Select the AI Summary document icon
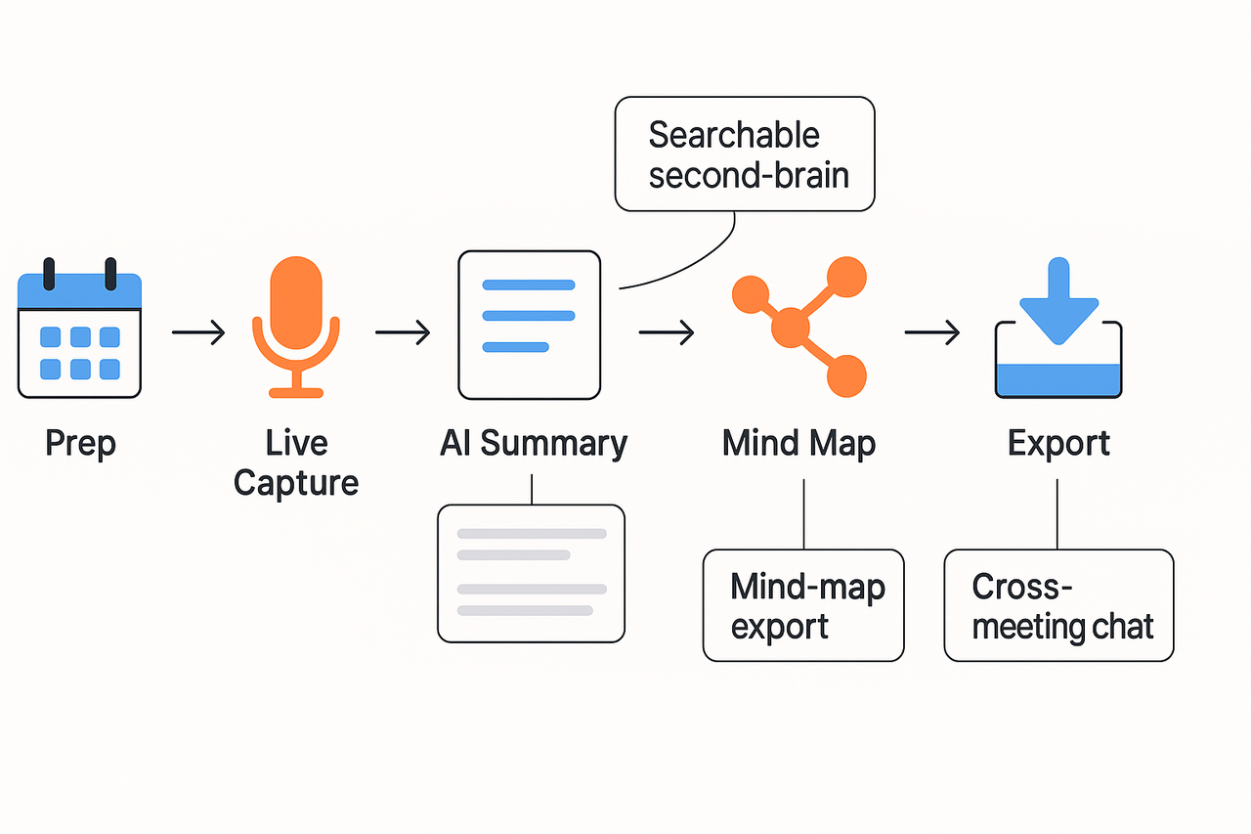click(x=529, y=325)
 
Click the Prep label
click(x=80, y=443)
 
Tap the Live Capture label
click(x=296, y=462)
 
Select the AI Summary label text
click(x=533, y=443)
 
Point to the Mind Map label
click(x=798, y=443)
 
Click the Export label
click(x=1058, y=443)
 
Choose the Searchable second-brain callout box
click(x=745, y=154)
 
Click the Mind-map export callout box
click(x=803, y=605)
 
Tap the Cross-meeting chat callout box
click(x=1058, y=605)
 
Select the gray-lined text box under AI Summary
click(x=531, y=573)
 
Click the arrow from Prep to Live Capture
click(x=198, y=333)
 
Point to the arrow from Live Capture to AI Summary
click(x=403, y=333)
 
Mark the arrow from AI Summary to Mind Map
click(x=667, y=333)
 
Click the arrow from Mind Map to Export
click(x=931, y=333)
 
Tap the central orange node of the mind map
click(x=791, y=327)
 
